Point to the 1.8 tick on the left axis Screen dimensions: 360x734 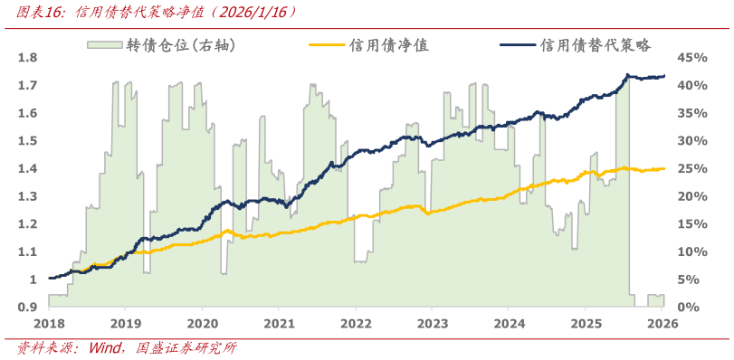27,57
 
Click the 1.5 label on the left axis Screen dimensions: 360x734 27,140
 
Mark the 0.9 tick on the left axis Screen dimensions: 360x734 27,308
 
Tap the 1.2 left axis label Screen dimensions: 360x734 27,224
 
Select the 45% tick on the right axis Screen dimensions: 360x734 692,57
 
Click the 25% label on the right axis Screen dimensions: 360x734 692,168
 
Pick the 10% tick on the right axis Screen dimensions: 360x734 692,251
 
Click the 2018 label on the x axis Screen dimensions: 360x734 49,323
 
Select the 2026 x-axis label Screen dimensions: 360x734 663,323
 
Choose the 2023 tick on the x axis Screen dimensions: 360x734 433,323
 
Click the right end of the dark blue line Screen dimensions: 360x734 665,76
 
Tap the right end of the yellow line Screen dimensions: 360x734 665,168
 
